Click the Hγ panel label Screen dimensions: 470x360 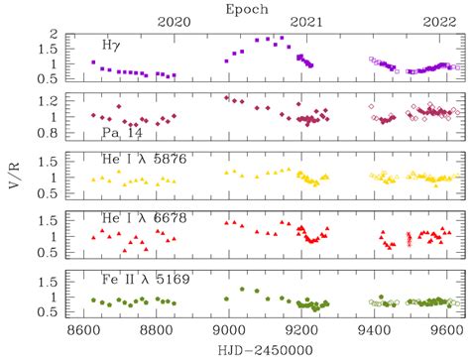(x=111, y=46)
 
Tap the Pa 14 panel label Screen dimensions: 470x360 (x=122, y=133)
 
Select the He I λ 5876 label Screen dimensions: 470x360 (x=145, y=159)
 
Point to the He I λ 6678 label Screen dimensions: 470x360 (x=145, y=218)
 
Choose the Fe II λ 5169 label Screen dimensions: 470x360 (x=146, y=280)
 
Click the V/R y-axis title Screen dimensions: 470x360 (x=14, y=176)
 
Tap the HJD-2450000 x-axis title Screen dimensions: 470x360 (x=266, y=350)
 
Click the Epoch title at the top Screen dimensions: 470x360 (x=247, y=10)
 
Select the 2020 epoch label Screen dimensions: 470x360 (x=175, y=22)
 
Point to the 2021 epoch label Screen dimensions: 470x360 (x=306, y=22)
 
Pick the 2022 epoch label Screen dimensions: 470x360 (x=440, y=22)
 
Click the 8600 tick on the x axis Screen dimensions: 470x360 (x=83, y=330)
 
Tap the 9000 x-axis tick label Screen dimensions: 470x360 (x=229, y=330)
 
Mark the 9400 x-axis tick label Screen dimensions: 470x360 (x=374, y=330)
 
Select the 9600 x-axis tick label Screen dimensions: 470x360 (x=447, y=330)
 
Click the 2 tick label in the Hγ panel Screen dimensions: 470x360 (x=54, y=34)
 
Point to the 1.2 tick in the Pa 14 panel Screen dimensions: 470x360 (x=49, y=101)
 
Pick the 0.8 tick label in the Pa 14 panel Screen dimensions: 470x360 (x=48, y=133)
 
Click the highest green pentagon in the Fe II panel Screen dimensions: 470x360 (x=242, y=289)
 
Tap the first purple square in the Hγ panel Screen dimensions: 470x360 (x=93, y=62)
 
